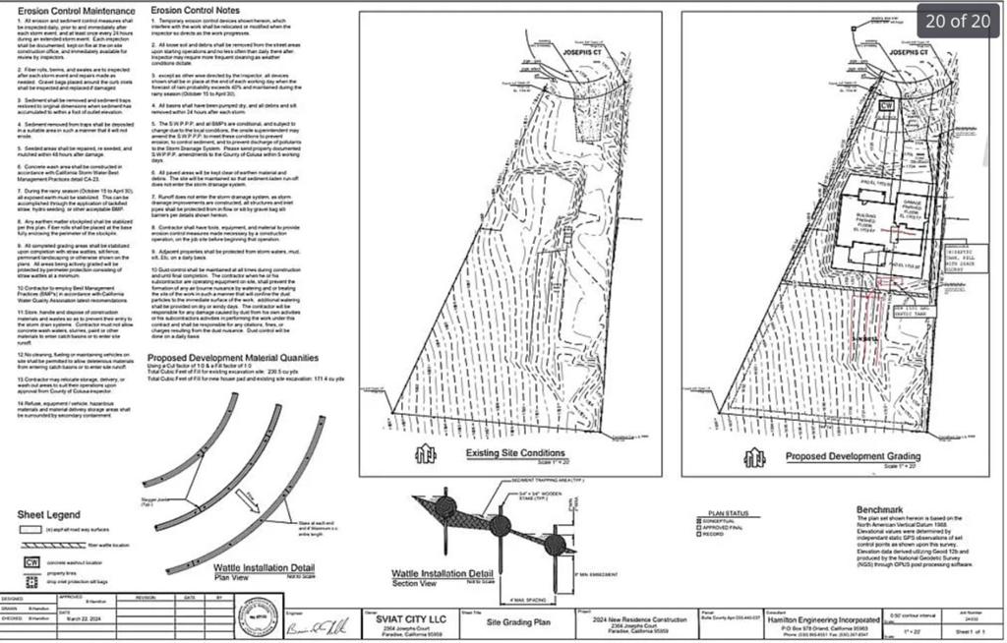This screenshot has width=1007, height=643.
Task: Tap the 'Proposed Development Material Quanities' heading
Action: point(232,359)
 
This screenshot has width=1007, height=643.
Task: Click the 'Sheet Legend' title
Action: point(49,514)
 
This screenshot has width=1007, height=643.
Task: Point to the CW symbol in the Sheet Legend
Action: point(30,561)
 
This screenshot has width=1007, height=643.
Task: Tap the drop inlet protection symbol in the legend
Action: point(30,582)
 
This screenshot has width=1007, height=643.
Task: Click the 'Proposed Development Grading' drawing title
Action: point(853,456)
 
